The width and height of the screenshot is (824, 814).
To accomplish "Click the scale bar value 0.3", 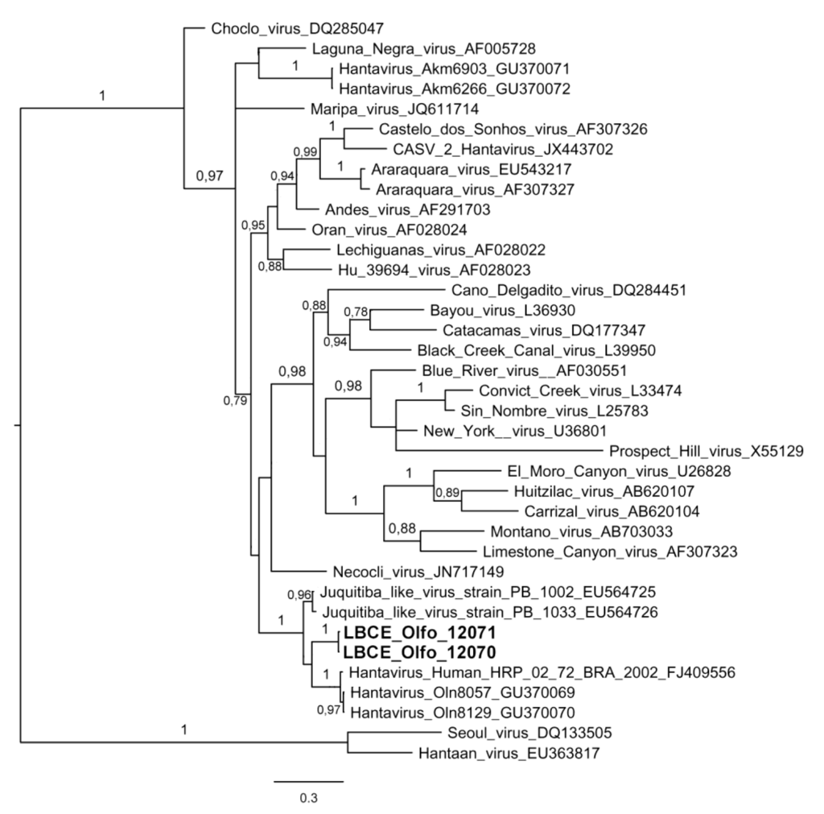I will [x=307, y=799].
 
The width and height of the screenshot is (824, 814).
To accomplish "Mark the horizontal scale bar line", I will [x=308, y=780].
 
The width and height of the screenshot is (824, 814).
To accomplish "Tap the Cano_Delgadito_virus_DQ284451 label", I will [x=569, y=290].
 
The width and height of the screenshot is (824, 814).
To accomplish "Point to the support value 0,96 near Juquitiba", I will [x=299, y=596].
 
